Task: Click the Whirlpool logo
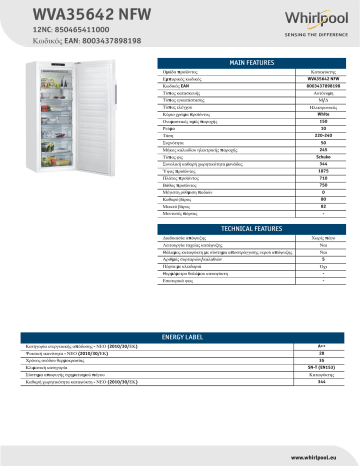click(311, 19)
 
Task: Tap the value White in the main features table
click(295, 118)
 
